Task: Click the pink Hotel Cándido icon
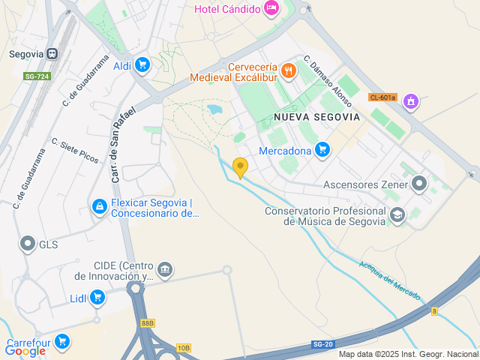(x=271, y=9)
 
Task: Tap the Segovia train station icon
(x=52, y=54)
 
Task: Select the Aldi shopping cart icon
(x=142, y=66)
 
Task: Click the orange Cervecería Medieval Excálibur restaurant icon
(x=289, y=71)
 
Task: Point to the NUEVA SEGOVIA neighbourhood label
(x=316, y=117)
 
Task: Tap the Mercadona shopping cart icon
(x=322, y=150)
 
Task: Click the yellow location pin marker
(x=240, y=167)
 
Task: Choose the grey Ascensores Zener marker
(x=419, y=184)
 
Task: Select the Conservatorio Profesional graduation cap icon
(x=397, y=215)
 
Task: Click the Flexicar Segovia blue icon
(x=99, y=205)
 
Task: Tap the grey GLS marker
(x=28, y=244)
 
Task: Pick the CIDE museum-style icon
(x=165, y=268)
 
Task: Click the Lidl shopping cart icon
(x=97, y=298)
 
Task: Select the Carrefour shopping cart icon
(x=62, y=341)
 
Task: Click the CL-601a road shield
(x=382, y=97)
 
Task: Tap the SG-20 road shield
(x=322, y=344)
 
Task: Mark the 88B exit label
(x=147, y=323)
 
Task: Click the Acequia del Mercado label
(x=389, y=279)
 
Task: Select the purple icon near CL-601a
(x=410, y=100)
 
